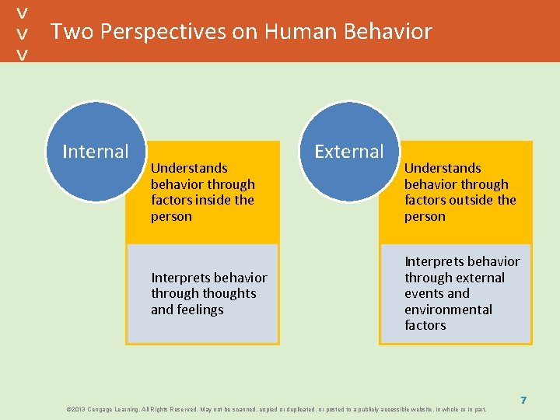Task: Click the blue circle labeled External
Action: click(x=348, y=151)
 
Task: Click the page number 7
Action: click(x=523, y=400)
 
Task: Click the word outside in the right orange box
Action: click(x=472, y=200)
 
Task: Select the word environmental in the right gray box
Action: click(x=448, y=310)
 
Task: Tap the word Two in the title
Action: click(x=72, y=32)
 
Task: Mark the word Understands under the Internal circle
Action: click(x=189, y=168)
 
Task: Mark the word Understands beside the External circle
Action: click(x=443, y=168)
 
